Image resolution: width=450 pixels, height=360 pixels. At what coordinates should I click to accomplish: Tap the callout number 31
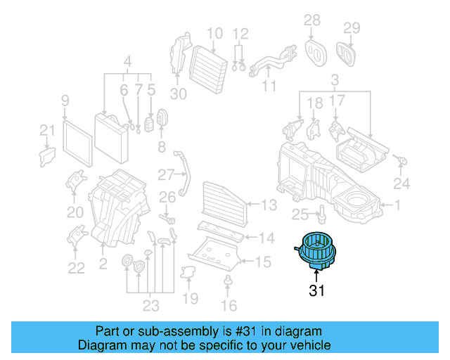coord(316,290)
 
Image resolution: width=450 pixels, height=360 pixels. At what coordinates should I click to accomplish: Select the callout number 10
coord(214,33)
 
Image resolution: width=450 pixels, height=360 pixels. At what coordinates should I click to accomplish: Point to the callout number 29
coord(352,28)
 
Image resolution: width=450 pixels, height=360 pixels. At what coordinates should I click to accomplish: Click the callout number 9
coord(65,100)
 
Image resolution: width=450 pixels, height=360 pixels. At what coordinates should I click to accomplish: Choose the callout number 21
coord(46,130)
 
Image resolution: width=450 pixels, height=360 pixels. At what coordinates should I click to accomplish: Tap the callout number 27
coord(165,174)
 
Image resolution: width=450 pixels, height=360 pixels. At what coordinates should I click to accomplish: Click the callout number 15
coord(262,262)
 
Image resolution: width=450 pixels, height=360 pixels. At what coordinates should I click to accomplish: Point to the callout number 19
coord(190,299)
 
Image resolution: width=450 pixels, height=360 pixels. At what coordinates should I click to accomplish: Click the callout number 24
coord(401,184)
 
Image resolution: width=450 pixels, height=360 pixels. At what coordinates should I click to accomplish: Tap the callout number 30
coord(178,93)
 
